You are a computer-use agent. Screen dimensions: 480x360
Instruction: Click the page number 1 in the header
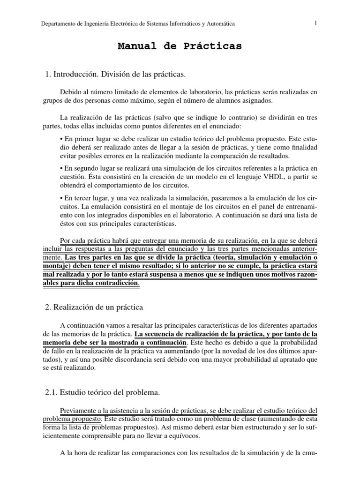tap(316, 23)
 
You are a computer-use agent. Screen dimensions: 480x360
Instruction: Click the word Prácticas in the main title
tap(215, 46)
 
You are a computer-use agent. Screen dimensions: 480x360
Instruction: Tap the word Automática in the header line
tap(219, 23)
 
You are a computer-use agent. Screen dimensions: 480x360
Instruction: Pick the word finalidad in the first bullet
tap(302, 148)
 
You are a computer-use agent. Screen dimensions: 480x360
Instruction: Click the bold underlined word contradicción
tap(114, 283)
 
